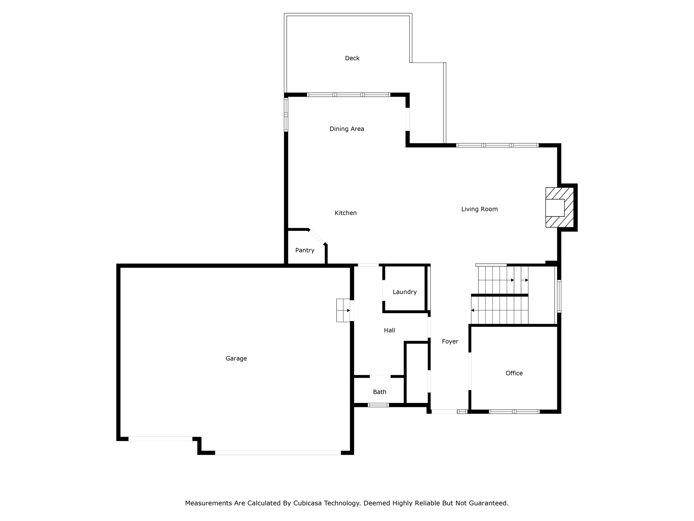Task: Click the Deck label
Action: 352,58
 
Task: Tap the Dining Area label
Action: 347,129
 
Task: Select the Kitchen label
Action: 346,213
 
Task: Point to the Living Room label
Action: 479,209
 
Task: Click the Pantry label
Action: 305,250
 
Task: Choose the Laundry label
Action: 405,292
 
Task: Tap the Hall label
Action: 389,330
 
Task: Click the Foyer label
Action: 450,342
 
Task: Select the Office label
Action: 514,373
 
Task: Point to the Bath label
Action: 380,392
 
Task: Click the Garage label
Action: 236,359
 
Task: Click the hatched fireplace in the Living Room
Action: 559,207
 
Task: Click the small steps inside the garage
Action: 343,310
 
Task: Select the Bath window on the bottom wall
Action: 378,405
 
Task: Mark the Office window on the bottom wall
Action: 514,412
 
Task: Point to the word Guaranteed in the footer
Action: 488,503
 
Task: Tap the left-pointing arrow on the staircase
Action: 473,310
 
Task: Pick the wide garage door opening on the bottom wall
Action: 278,452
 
